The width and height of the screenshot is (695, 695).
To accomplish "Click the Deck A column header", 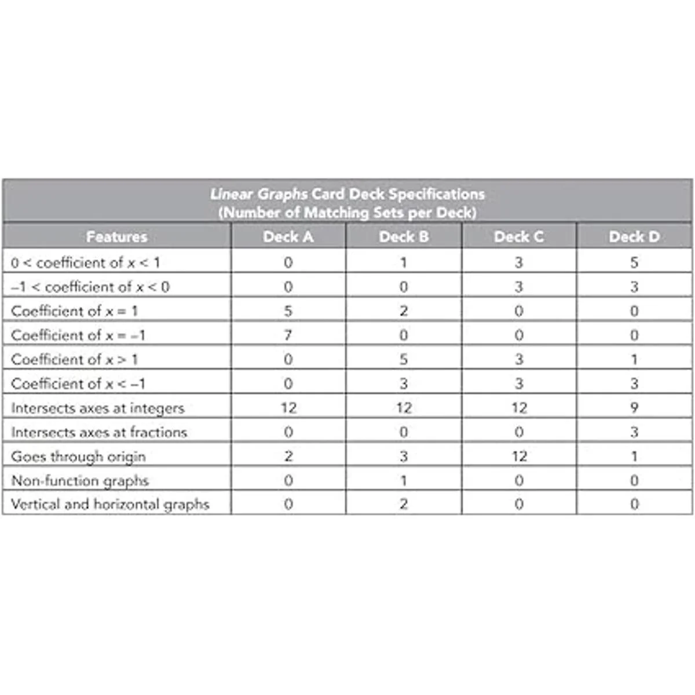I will [288, 237].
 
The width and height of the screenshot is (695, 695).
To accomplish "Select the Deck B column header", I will [404, 237].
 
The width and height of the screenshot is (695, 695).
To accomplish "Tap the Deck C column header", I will [519, 237].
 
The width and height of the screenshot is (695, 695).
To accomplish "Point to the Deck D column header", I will [634, 237].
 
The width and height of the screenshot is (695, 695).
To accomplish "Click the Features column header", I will [116, 237].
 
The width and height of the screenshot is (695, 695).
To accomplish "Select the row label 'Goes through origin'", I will [78, 456].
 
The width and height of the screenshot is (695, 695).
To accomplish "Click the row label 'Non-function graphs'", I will [80, 481].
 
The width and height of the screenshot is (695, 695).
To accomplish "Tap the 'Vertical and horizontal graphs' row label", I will [110, 504].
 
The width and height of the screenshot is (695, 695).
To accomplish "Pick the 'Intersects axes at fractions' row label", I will [99, 432].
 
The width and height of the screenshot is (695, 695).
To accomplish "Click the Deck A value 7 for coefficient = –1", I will [288, 335].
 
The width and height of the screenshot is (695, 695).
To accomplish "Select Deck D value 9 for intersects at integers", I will [634, 408].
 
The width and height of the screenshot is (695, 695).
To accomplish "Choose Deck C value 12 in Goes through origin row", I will [519, 456].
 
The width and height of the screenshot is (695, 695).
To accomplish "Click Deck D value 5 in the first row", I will [634, 262].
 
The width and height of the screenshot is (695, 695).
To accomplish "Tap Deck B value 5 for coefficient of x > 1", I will [404, 359].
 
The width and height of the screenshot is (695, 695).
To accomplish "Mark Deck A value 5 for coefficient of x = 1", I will [288, 311].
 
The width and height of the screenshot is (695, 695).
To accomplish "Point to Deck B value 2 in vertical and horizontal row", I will [404, 504].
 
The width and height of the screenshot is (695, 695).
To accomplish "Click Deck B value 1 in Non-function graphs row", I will [404, 481].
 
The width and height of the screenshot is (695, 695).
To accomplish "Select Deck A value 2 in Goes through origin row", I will [288, 456].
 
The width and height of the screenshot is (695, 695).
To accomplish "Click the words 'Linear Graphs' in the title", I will [259, 194].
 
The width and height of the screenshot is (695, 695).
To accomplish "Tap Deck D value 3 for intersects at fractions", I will [634, 432].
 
